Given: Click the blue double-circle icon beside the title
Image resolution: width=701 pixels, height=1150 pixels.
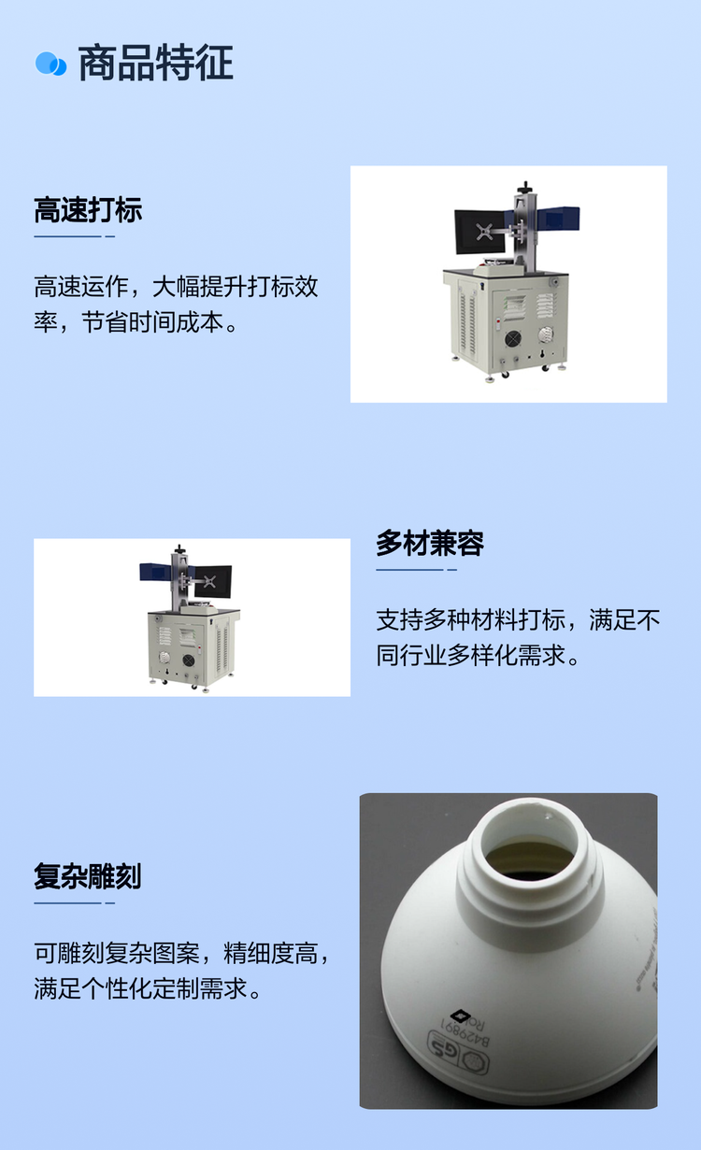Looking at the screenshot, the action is point(50,64).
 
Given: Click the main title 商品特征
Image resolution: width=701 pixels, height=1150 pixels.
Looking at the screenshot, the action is point(155,64).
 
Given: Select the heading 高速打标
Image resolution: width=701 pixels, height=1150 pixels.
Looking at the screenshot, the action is point(88,210).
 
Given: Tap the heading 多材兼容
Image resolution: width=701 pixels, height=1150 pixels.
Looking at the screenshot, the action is point(430,543).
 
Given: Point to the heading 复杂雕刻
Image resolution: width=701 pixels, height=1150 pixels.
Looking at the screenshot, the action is point(87,876).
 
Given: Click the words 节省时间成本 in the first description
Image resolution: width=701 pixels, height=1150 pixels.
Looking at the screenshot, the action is point(153,323).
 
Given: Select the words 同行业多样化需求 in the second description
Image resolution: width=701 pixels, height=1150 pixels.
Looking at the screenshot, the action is point(470,655).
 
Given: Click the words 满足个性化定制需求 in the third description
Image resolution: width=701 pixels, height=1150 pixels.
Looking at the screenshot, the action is point(141,988).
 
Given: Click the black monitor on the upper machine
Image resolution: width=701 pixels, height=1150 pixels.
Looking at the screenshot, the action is point(479,232).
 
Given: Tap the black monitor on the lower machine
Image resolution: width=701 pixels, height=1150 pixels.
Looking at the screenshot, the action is point(212,581).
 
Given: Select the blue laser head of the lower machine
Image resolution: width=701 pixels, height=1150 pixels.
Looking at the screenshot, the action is point(155,572).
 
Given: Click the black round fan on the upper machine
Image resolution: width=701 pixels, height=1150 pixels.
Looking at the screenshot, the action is point(512,339).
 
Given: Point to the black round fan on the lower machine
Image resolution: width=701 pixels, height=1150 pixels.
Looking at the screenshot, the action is point(189,660).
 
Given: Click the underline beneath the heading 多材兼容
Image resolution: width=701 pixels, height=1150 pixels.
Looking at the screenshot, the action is point(416,569).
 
